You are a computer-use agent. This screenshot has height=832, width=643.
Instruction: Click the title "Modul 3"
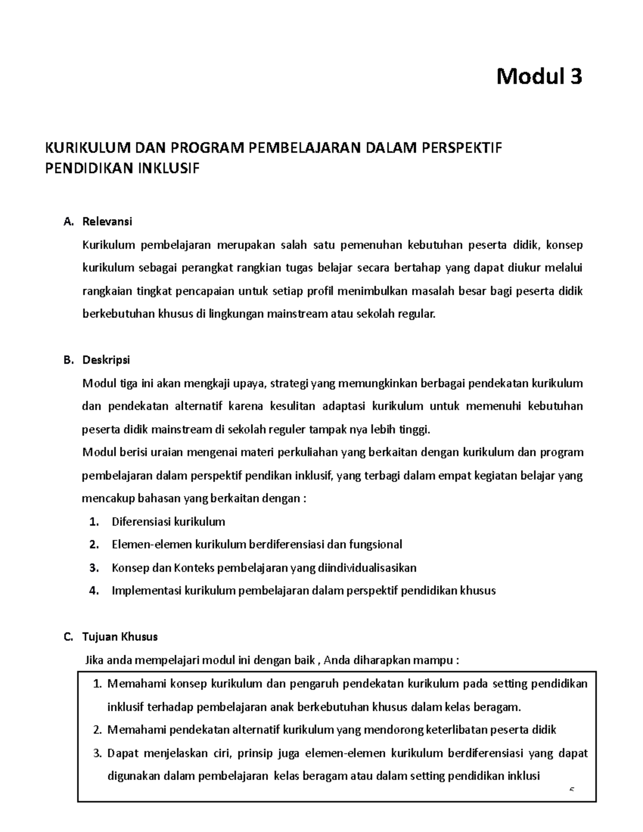(539, 77)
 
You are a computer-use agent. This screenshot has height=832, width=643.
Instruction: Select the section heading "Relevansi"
(107, 221)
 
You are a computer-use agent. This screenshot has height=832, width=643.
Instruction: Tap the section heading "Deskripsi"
(106, 360)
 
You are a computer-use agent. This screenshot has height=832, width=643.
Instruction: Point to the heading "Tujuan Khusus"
(120, 637)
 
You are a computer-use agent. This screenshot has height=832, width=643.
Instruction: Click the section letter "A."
(68, 221)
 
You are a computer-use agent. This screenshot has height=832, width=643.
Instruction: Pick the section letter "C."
(68, 637)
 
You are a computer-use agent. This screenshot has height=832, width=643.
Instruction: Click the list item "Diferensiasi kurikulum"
(168, 522)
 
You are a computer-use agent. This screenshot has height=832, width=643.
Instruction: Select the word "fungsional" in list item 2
(375, 545)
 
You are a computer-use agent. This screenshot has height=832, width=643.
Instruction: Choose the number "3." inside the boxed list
(97, 753)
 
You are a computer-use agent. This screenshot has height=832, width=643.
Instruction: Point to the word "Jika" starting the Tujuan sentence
(95, 660)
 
